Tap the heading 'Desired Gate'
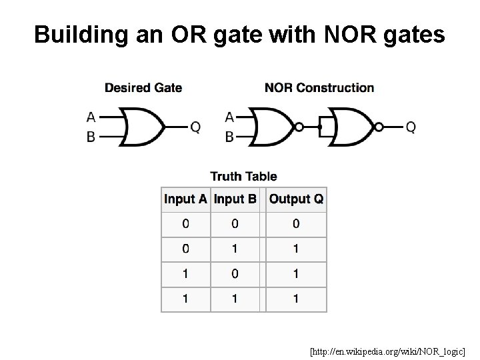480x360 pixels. click(x=143, y=87)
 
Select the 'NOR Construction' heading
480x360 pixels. click(x=319, y=87)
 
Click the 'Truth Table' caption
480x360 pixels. click(x=244, y=176)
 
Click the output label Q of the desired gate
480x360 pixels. click(x=195, y=127)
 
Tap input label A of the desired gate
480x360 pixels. click(x=91, y=117)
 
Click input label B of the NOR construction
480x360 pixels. click(x=229, y=136)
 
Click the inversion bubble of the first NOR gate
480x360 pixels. click(x=300, y=127)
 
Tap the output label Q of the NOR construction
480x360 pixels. click(x=411, y=127)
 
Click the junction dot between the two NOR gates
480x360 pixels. click(x=321, y=127)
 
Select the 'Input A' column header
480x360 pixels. click(x=186, y=199)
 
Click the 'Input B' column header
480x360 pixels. click(x=235, y=199)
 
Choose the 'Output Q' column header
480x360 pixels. click(x=296, y=199)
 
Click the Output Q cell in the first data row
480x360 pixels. click(x=296, y=224)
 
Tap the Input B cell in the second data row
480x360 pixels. click(x=235, y=249)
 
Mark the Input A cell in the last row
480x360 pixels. click(x=186, y=299)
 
